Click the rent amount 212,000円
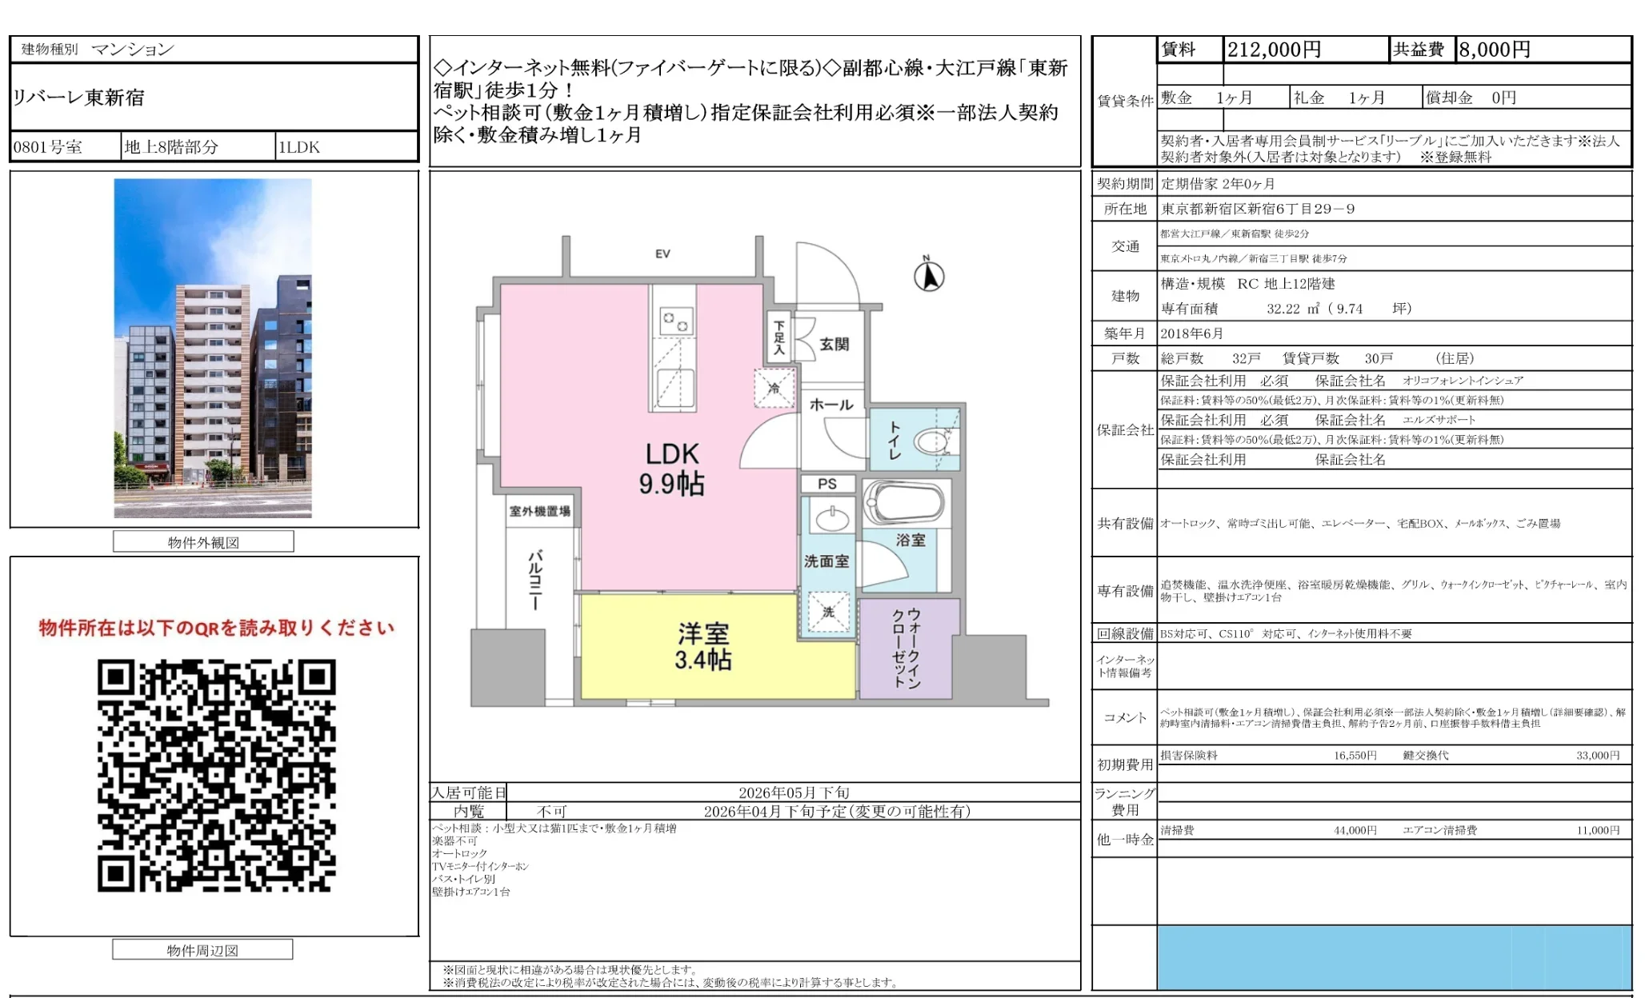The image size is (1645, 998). (x=1274, y=50)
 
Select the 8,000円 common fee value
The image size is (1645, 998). (x=1494, y=50)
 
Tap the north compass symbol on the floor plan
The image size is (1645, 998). (x=929, y=276)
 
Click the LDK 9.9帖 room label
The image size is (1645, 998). (x=671, y=469)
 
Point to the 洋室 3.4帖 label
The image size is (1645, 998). (x=702, y=646)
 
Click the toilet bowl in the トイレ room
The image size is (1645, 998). (x=931, y=441)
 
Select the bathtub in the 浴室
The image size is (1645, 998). (x=904, y=502)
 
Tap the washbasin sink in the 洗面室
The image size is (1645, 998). (x=832, y=517)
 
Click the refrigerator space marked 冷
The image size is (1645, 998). (x=774, y=389)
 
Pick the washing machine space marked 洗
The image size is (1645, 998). (x=828, y=612)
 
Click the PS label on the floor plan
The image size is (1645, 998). (x=827, y=484)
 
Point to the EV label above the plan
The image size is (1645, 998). (x=662, y=253)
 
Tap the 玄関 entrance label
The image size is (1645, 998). (x=834, y=344)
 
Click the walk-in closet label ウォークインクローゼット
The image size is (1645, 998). (x=907, y=648)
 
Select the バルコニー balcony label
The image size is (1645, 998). (x=534, y=580)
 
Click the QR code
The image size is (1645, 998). (x=216, y=775)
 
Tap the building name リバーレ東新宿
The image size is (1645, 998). (x=78, y=98)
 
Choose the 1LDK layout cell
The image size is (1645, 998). (x=298, y=147)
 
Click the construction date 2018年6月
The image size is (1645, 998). (x=1191, y=333)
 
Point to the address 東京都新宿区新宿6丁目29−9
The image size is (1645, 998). (x=1258, y=209)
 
